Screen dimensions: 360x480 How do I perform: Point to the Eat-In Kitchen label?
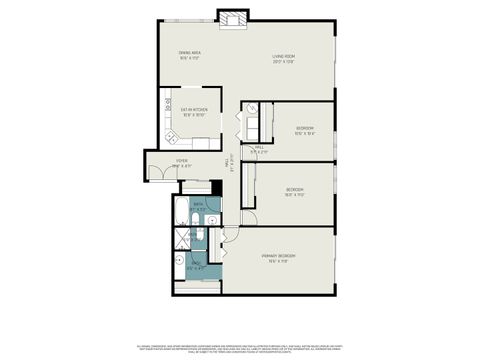pyautogui.click(x=193, y=112)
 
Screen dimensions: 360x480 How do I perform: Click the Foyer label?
pyautogui.click(x=182, y=162)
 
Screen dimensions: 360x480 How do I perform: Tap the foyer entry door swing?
pyautogui.click(x=158, y=173)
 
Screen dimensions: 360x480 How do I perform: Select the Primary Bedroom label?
pyautogui.click(x=284, y=258)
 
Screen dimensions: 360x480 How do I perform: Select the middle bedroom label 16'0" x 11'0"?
pyautogui.click(x=295, y=192)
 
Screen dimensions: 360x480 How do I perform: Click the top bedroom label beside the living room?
pyautogui.click(x=305, y=128)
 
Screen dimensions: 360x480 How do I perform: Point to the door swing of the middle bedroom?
pyautogui.click(x=250, y=214)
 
